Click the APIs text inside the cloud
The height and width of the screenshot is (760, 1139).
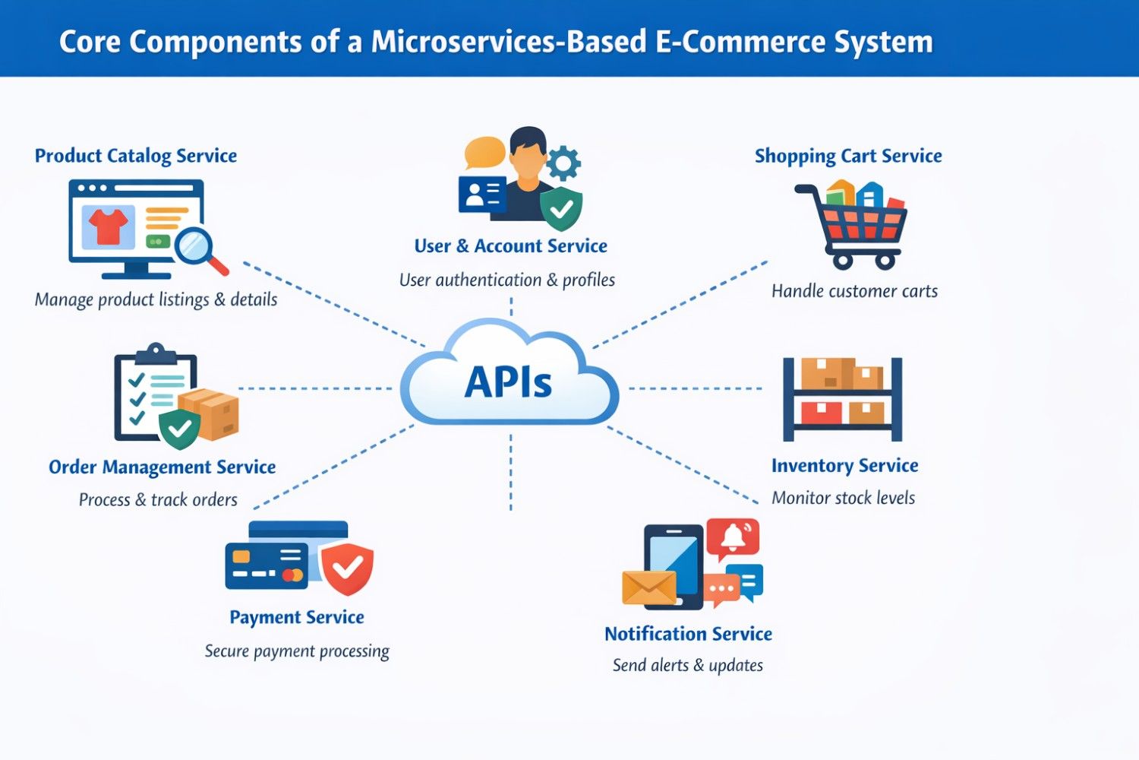pyautogui.click(x=508, y=382)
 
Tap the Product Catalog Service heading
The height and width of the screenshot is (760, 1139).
pyautogui.click(x=136, y=156)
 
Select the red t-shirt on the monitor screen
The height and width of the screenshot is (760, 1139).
pyautogui.click(x=109, y=226)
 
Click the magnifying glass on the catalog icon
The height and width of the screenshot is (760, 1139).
pyautogui.click(x=196, y=248)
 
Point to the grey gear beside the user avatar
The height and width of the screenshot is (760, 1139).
pyautogui.click(x=563, y=163)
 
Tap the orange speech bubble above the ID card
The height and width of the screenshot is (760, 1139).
pyautogui.click(x=484, y=152)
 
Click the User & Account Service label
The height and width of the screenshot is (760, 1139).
pyautogui.click(x=510, y=246)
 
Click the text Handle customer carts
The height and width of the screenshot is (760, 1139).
pyautogui.click(x=854, y=291)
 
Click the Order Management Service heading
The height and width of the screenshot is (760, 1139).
pyautogui.click(x=162, y=467)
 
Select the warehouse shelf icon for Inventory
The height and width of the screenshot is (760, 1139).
pyautogui.click(x=842, y=399)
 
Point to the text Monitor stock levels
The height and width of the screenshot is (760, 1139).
pyautogui.click(x=843, y=498)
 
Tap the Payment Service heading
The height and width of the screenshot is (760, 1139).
pyautogui.click(x=297, y=617)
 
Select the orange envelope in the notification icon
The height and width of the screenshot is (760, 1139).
pyautogui.click(x=648, y=587)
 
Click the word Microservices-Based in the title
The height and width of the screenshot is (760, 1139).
pyautogui.click(x=508, y=42)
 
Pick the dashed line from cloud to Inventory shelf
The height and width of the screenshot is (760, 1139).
pyautogui.click(x=695, y=388)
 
